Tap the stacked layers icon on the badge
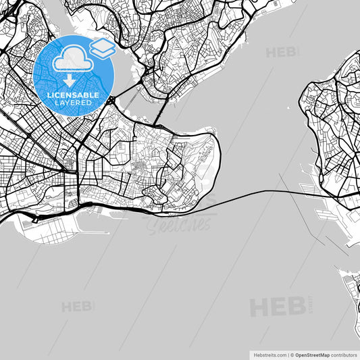101,48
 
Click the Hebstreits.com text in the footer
267,354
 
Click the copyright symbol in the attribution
293,354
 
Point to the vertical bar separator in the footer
288,354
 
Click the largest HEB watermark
278,307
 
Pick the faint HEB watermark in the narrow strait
282,52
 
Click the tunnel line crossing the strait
257,193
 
